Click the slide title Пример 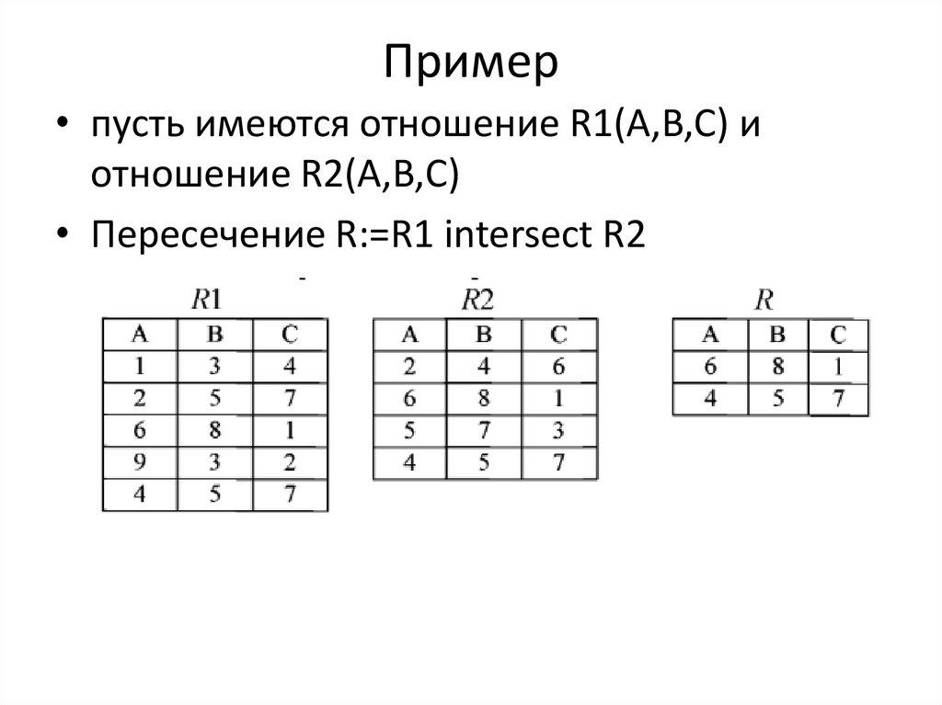[x=470, y=63]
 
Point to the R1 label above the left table [x=205, y=298]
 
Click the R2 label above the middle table [x=477, y=298]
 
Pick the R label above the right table [x=763, y=298]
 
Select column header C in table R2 [x=559, y=335]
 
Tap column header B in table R [x=778, y=335]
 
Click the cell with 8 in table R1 [x=213, y=430]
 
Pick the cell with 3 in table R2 [x=559, y=430]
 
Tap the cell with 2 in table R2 [x=410, y=367]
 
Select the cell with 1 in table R [x=837, y=367]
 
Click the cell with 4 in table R [x=710, y=399]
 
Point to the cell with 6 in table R [x=710, y=367]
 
